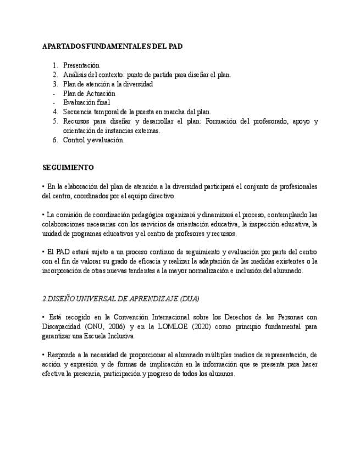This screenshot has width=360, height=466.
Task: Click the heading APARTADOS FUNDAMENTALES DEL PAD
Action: [x=112, y=47]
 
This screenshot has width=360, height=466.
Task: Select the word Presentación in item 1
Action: [x=81, y=65]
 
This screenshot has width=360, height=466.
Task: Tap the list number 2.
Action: [x=56, y=75]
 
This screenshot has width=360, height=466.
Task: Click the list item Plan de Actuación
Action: [x=89, y=93]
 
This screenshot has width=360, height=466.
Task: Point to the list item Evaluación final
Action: [x=86, y=103]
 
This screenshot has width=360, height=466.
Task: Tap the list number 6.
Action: [x=56, y=140]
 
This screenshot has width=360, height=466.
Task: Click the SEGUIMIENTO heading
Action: [x=68, y=167]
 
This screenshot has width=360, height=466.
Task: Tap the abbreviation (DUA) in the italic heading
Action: [x=188, y=298]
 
